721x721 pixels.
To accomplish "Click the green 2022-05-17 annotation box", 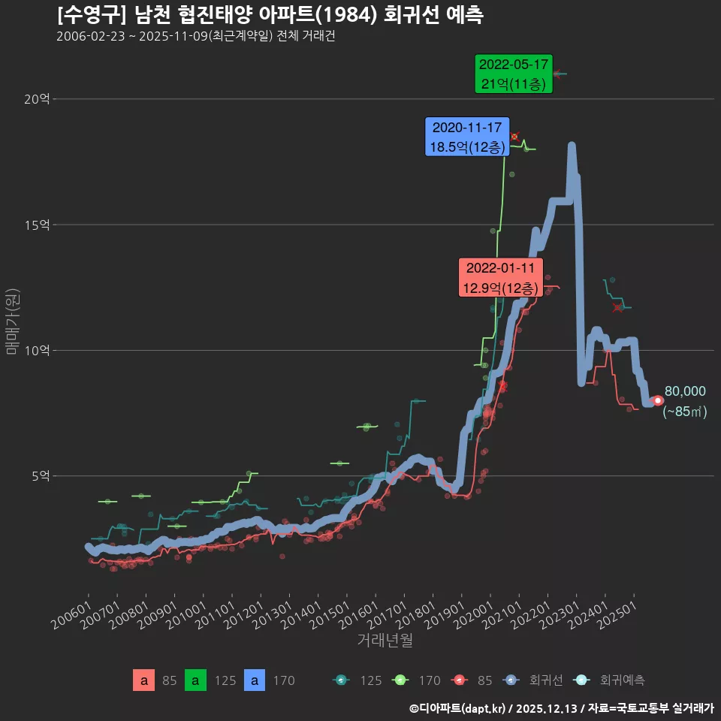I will tap(514, 74).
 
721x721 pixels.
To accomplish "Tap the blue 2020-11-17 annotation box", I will tap(467, 137).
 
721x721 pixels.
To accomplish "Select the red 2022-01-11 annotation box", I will tap(500, 278).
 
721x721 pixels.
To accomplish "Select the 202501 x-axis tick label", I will tap(618, 614).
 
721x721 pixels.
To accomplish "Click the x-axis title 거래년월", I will tap(385, 641).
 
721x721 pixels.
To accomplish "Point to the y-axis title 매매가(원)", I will tap(12, 321).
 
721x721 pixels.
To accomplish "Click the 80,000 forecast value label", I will tap(685, 391).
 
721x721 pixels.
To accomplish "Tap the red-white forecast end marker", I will tap(658, 400).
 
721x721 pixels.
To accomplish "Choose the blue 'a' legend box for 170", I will tap(256, 680).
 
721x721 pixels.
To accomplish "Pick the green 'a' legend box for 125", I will tap(195, 680).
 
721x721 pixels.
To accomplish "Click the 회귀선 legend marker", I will tap(511, 680).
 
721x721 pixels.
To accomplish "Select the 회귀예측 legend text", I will tap(622, 680).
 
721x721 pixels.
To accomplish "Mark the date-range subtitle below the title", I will tap(195, 36).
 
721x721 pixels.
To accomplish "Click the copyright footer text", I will tap(561, 708).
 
